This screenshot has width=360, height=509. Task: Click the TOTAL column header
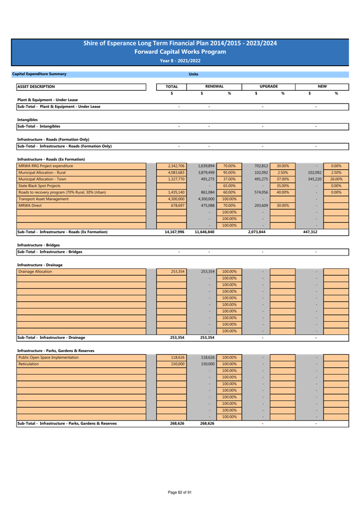pyautogui.click(x=171, y=86)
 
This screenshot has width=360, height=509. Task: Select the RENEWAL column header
pyautogui.click(x=214, y=86)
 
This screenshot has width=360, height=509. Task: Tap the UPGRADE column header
pyautogui.click(x=268, y=86)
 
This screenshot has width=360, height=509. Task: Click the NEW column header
pyautogui.click(x=322, y=86)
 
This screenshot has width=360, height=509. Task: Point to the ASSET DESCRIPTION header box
pyautogui.click(x=81, y=86)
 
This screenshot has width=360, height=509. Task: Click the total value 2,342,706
pyautogui.click(x=177, y=166)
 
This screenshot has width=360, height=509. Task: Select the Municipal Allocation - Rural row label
pyautogui.click(x=42, y=173)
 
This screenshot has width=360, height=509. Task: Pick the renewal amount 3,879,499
pyautogui.click(x=206, y=173)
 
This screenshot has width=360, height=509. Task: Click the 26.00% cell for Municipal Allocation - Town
pyautogui.click(x=337, y=179)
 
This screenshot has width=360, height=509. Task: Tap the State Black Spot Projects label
pyautogui.click(x=39, y=186)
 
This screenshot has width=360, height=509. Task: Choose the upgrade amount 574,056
pyautogui.click(x=261, y=193)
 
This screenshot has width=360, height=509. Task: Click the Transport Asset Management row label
pyautogui.click(x=44, y=199)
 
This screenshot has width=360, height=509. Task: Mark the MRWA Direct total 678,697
pyautogui.click(x=178, y=205)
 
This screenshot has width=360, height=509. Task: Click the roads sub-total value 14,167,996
pyautogui.click(x=174, y=232)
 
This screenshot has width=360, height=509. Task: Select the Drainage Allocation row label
pyautogui.click(x=35, y=272)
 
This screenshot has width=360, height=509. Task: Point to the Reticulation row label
pyautogui.click(x=29, y=364)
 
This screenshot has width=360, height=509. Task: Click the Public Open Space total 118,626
pyautogui.click(x=178, y=357)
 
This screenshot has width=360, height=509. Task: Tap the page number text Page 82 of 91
pyautogui.click(x=180, y=492)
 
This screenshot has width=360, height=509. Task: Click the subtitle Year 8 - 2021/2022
pyautogui.click(x=180, y=61)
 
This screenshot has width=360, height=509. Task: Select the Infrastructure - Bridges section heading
pyautogui.click(x=38, y=245)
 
